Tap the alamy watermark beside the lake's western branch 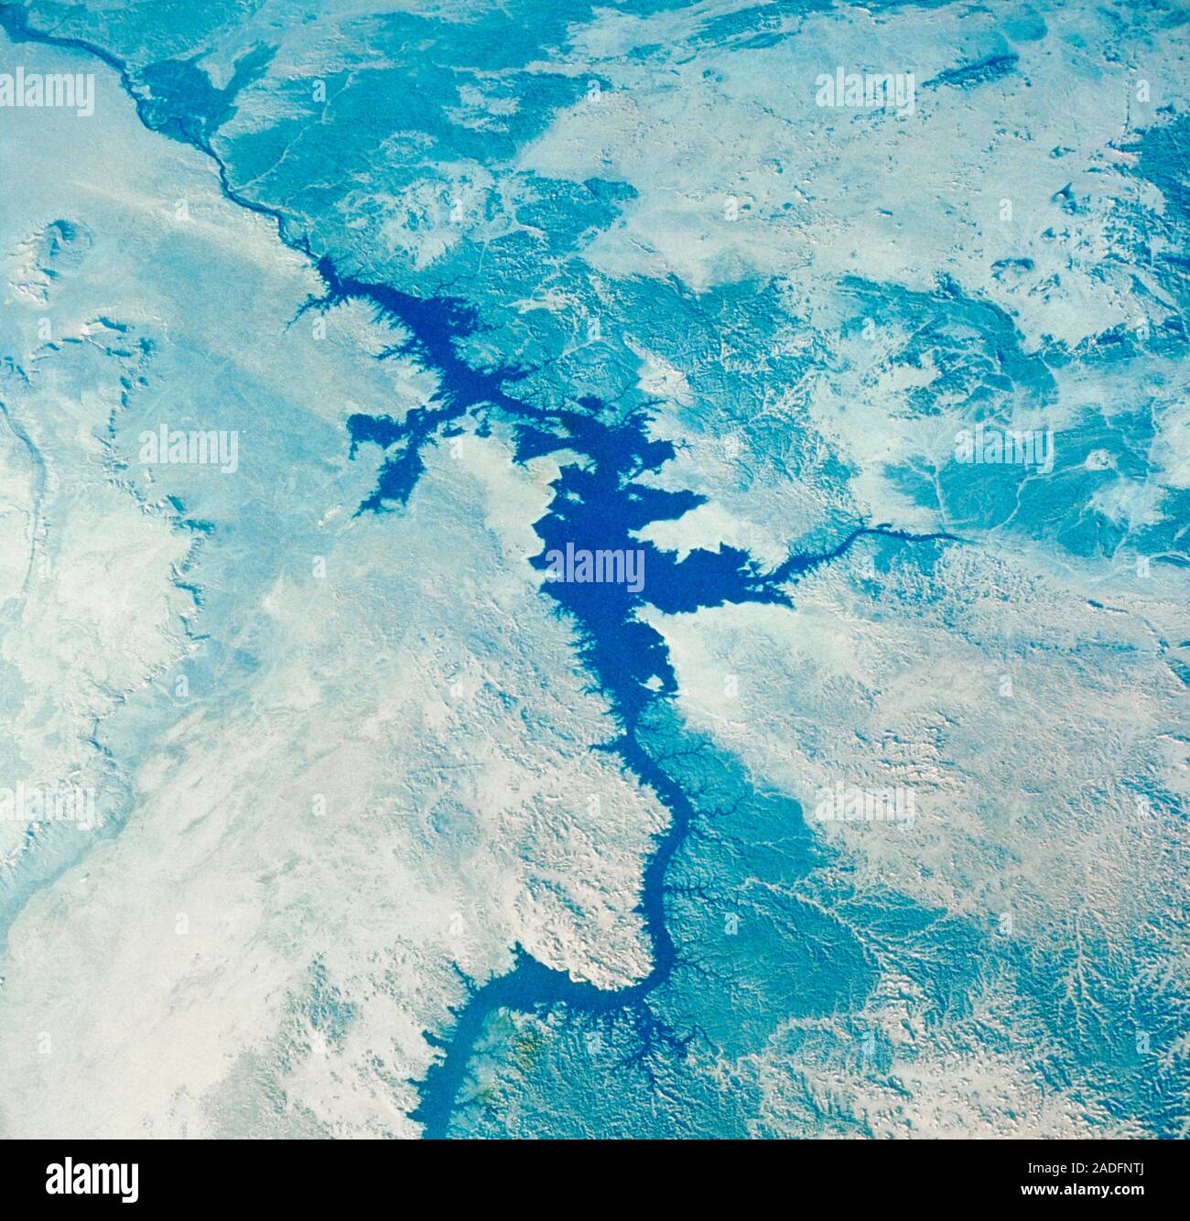[x=189, y=450]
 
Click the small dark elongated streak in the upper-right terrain [x=970, y=69]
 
